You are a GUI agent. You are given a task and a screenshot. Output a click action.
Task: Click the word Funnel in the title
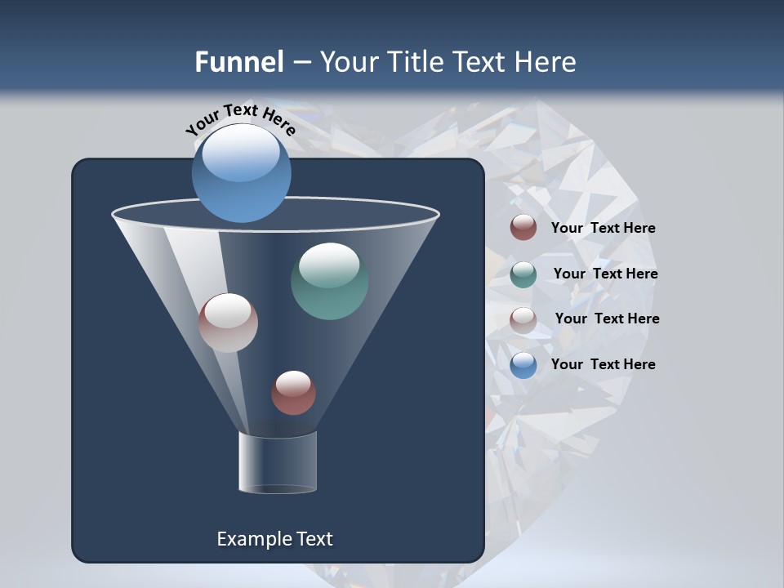tap(238, 62)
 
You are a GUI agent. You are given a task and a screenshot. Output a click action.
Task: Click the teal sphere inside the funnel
tap(329, 281)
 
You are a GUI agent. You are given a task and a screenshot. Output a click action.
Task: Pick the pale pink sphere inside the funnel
tap(228, 323)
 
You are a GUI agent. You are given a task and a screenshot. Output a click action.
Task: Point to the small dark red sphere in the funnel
tap(293, 393)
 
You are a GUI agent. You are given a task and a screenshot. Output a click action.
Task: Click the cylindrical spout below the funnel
tap(277, 463)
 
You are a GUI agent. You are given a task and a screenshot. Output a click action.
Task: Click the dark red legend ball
tap(523, 228)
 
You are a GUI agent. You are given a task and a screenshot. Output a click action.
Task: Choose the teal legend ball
tap(523, 274)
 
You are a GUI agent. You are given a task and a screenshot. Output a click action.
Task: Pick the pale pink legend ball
tap(523, 320)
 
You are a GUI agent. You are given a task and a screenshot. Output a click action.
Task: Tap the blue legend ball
tap(523, 365)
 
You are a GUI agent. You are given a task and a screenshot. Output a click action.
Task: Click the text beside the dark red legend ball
tap(603, 229)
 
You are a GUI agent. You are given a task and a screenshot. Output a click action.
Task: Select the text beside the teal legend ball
tap(605, 274)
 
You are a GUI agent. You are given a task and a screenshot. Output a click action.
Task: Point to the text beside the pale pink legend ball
tap(607, 319)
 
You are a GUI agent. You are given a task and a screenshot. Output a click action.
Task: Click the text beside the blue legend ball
tap(603, 364)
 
